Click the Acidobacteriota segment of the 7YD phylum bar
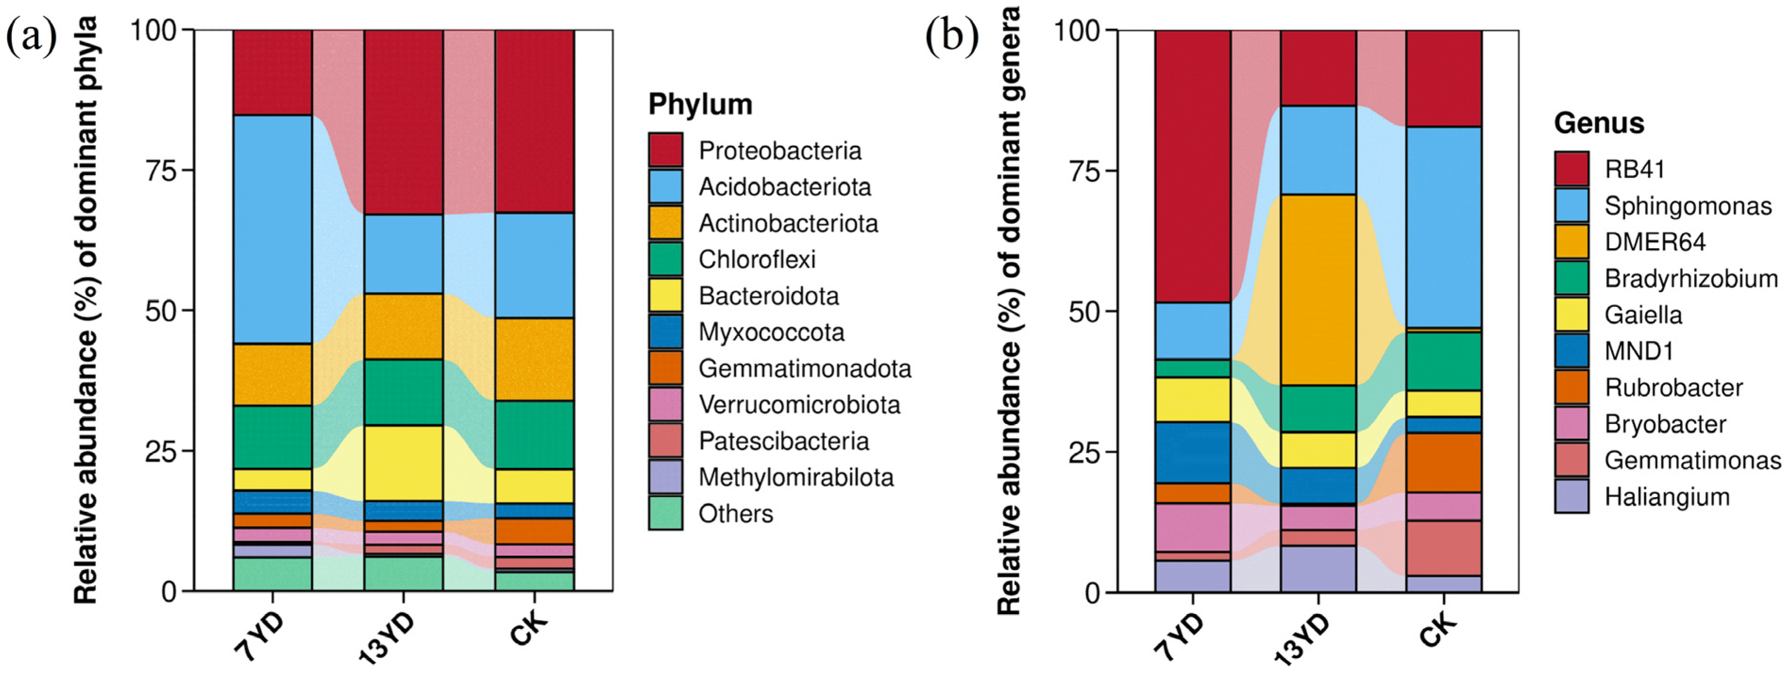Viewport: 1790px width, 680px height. (x=272, y=229)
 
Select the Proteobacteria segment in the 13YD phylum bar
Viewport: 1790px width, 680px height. (x=403, y=122)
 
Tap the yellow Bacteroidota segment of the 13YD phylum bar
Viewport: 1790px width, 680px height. (x=403, y=462)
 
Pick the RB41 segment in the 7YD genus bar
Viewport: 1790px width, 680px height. (x=1193, y=167)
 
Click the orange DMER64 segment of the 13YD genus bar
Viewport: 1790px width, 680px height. (x=1318, y=290)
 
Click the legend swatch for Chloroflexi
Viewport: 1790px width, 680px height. (x=665, y=259)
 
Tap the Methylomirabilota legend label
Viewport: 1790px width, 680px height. (x=796, y=478)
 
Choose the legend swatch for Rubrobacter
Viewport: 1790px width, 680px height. (x=1571, y=387)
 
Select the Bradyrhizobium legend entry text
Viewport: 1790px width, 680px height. (x=1690, y=279)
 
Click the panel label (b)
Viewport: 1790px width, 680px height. (x=951, y=36)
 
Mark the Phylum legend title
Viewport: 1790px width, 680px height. (x=700, y=104)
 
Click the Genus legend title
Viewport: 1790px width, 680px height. (x=1599, y=123)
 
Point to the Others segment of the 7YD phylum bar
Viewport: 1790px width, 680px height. (x=272, y=574)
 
